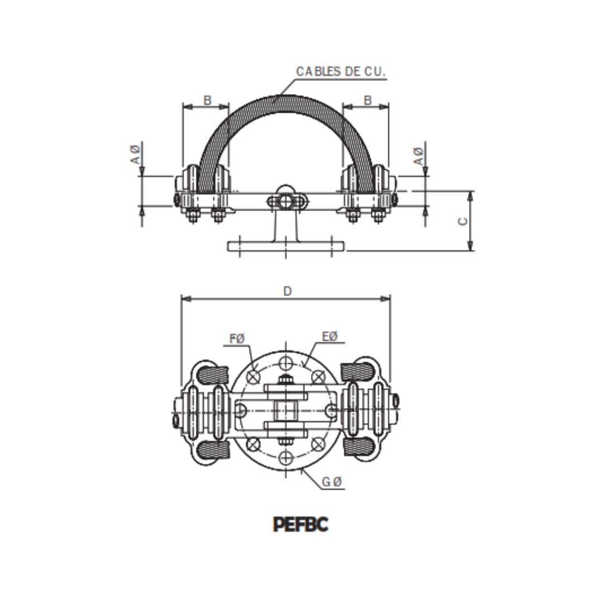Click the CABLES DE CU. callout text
pos(341,71)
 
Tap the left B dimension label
pos(207,100)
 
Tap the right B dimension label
pos(367,100)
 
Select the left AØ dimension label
pos(136,154)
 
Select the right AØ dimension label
pos(418,156)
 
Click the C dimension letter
pos(463,221)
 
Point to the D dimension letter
pos(287,291)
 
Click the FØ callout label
pos(237,339)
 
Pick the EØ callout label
pos(330,336)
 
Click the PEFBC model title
pos(300,524)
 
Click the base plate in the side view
pos(286,246)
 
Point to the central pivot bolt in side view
pos(285,200)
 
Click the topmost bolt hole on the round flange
pos(286,361)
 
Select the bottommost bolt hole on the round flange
pos(286,458)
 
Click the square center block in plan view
pos(286,410)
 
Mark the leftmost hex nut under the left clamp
pos(192,216)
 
